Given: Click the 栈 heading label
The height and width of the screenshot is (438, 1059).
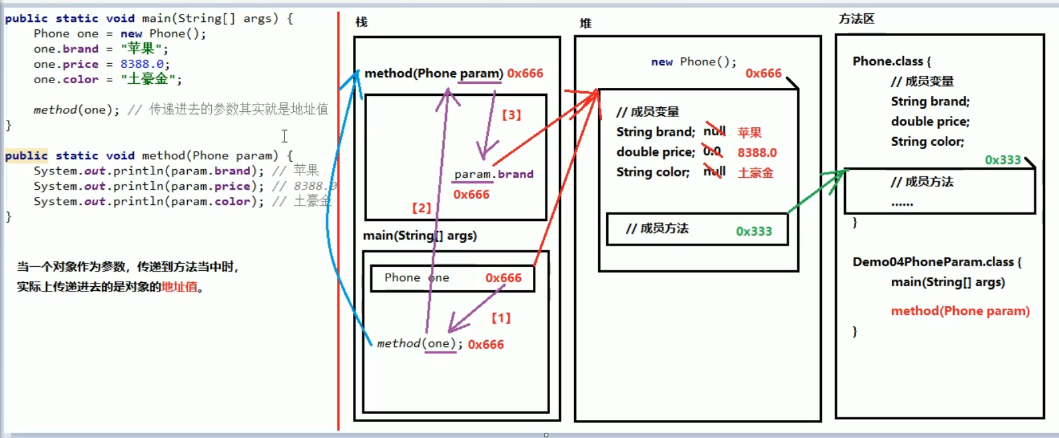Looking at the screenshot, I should pyautogui.click(x=362, y=22).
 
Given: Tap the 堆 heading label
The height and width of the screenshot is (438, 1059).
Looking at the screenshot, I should pyautogui.click(x=585, y=23).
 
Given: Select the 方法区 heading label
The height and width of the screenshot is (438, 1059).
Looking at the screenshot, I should pyautogui.click(x=856, y=19).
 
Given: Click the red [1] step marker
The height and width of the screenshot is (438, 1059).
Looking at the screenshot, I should pyautogui.click(x=501, y=318).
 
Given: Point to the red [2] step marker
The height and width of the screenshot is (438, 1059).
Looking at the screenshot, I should pyautogui.click(x=422, y=208).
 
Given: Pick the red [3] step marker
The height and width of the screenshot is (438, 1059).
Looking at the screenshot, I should pyautogui.click(x=512, y=114).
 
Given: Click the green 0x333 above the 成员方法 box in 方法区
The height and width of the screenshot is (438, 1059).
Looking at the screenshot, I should pyautogui.click(x=1002, y=160).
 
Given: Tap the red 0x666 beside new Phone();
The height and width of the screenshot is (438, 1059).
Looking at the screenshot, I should pyautogui.click(x=763, y=73).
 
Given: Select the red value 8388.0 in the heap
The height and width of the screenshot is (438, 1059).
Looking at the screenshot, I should pyautogui.click(x=757, y=152).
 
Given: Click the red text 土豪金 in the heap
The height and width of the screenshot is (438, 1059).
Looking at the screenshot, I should pyautogui.click(x=755, y=173).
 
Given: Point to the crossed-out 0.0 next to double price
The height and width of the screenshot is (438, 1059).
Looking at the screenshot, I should pyautogui.click(x=712, y=151).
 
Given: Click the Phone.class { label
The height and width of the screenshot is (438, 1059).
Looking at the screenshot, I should pyautogui.click(x=892, y=61).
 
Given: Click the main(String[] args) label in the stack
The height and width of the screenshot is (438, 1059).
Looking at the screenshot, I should pyautogui.click(x=420, y=236).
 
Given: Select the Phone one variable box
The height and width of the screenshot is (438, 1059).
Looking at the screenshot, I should pyautogui.click(x=452, y=278).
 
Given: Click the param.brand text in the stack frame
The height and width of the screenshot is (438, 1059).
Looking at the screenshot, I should pyautogui.click(x=494, y=174).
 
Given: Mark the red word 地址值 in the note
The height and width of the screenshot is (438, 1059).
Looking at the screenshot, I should pyautogui.click(x=180, y=287).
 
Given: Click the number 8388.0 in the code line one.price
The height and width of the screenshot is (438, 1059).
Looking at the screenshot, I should pyautogui.click(x=141, y=64).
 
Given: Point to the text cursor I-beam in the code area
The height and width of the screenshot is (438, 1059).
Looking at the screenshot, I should pyautogui.click(x=284, y=136).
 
